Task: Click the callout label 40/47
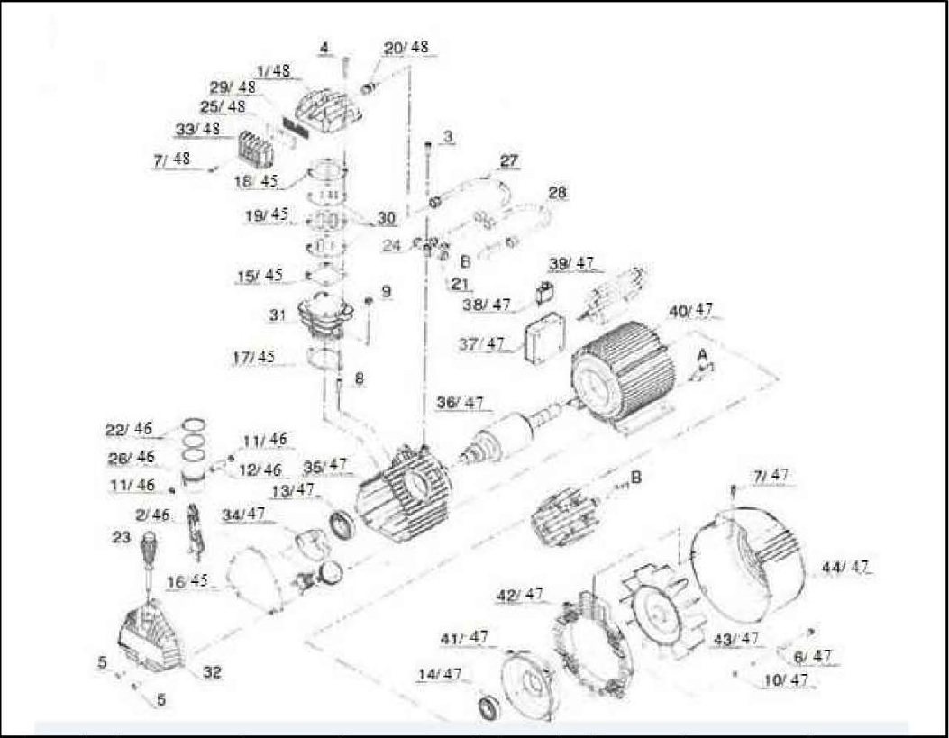(x=691, y=311)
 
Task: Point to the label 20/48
(x=406, y=48)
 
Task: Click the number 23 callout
(x=122, y=537)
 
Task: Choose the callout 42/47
(x=521, y=595)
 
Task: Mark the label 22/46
(x=130, y=428)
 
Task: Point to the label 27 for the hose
(x=509, y=162)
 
